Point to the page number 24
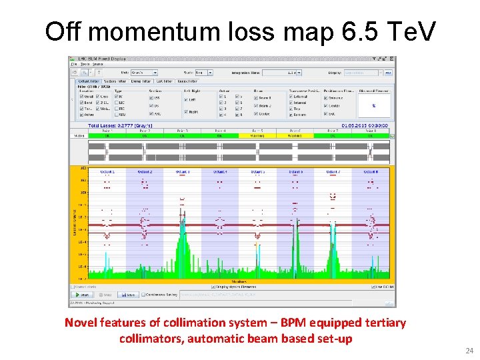click(x=468, y=351)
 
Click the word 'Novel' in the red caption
click(x=80, y=323)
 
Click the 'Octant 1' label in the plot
click(x=107, y=171)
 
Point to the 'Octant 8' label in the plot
click(x=371, y=171)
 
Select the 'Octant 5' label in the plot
click(x=258, y=171)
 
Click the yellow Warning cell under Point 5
click(x=257, y=135)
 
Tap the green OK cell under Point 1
click(x=107, y=135)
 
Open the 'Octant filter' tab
click(x=86, y=81)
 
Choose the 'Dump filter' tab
click(x=140, y=81)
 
